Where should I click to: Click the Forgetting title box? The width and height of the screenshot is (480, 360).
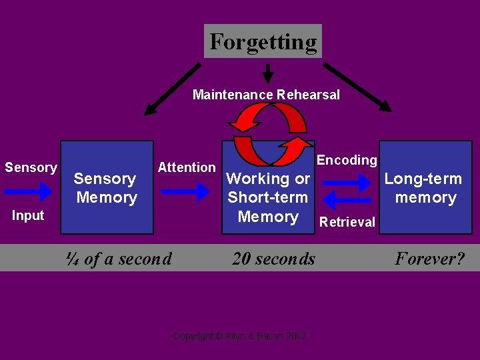click(263, 41)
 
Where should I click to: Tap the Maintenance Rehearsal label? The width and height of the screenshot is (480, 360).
click(266, 95)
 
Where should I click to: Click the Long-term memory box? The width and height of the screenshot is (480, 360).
click(423, 187)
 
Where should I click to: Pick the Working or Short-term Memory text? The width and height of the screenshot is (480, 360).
click(268, 197)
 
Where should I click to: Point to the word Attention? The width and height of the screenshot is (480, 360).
click(187, 167)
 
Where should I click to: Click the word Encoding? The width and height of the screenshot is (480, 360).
click(347, 160)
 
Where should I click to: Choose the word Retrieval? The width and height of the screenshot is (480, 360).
click(347, 222)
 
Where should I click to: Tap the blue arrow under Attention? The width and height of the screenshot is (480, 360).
click(185, 191)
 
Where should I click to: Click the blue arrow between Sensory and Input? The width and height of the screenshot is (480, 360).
click(27, 191)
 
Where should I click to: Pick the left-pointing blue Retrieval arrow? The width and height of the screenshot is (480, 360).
click(347, 199)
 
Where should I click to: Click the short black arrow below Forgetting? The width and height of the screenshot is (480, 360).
click(268, 73)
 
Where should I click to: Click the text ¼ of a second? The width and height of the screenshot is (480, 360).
click(119, 259)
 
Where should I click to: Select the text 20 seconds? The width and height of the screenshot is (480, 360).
click(273, 259)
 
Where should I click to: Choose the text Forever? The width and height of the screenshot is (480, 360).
click(429, 259)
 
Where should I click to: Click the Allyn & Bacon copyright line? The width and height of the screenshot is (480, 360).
click(240, 336)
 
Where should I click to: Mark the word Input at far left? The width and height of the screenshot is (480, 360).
click(28, 215)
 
